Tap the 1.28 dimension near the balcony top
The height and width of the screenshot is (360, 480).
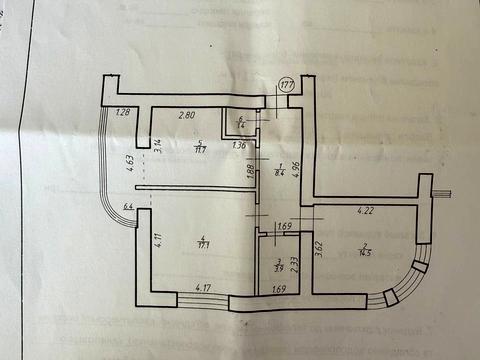124,112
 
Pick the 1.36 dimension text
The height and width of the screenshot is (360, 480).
238,147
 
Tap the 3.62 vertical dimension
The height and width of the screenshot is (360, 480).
319,247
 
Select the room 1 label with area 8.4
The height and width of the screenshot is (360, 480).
282,169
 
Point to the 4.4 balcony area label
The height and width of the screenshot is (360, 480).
127,208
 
